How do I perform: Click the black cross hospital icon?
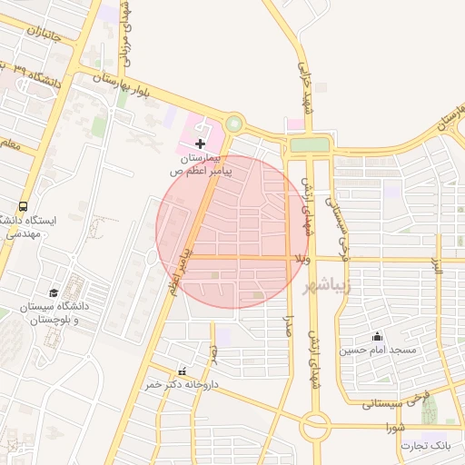[200, 143]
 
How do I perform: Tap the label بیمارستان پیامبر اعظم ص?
[202, 163]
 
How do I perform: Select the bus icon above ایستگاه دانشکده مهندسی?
[22, 206]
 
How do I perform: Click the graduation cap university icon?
[54, 293]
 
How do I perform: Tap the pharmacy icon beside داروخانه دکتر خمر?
[183, 371]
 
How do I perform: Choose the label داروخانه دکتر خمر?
[183, 384]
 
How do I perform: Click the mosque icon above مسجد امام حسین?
[376, 337]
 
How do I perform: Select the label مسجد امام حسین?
[378, 351]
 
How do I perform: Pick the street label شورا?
[394, 426]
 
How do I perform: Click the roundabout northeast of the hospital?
[234, 123]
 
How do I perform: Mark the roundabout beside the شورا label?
[316, 423]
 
